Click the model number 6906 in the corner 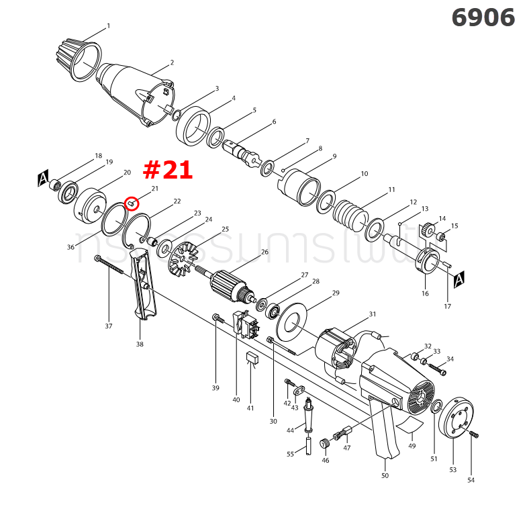click(483, 17)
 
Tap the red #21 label click(168, 170)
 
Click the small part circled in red click(132, 202)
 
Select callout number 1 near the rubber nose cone click(108, 26)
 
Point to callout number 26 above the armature click(264, 252)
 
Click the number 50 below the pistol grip click(385, 475)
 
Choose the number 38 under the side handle click(140, 344)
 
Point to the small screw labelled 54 click(474, 434)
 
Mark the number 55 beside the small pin click(290, 454)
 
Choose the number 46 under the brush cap click(325, 461)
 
